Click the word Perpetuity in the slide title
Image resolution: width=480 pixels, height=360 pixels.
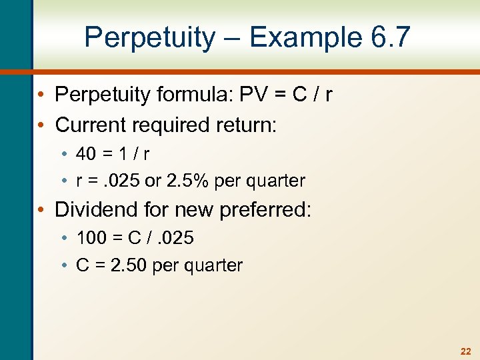pyautogui.click(x=151, y=37)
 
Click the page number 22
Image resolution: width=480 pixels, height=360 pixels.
pyautogui.click(x=465, y=350)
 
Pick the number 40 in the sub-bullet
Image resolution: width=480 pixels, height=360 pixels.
pyautogui.click(x=86, y=154)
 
